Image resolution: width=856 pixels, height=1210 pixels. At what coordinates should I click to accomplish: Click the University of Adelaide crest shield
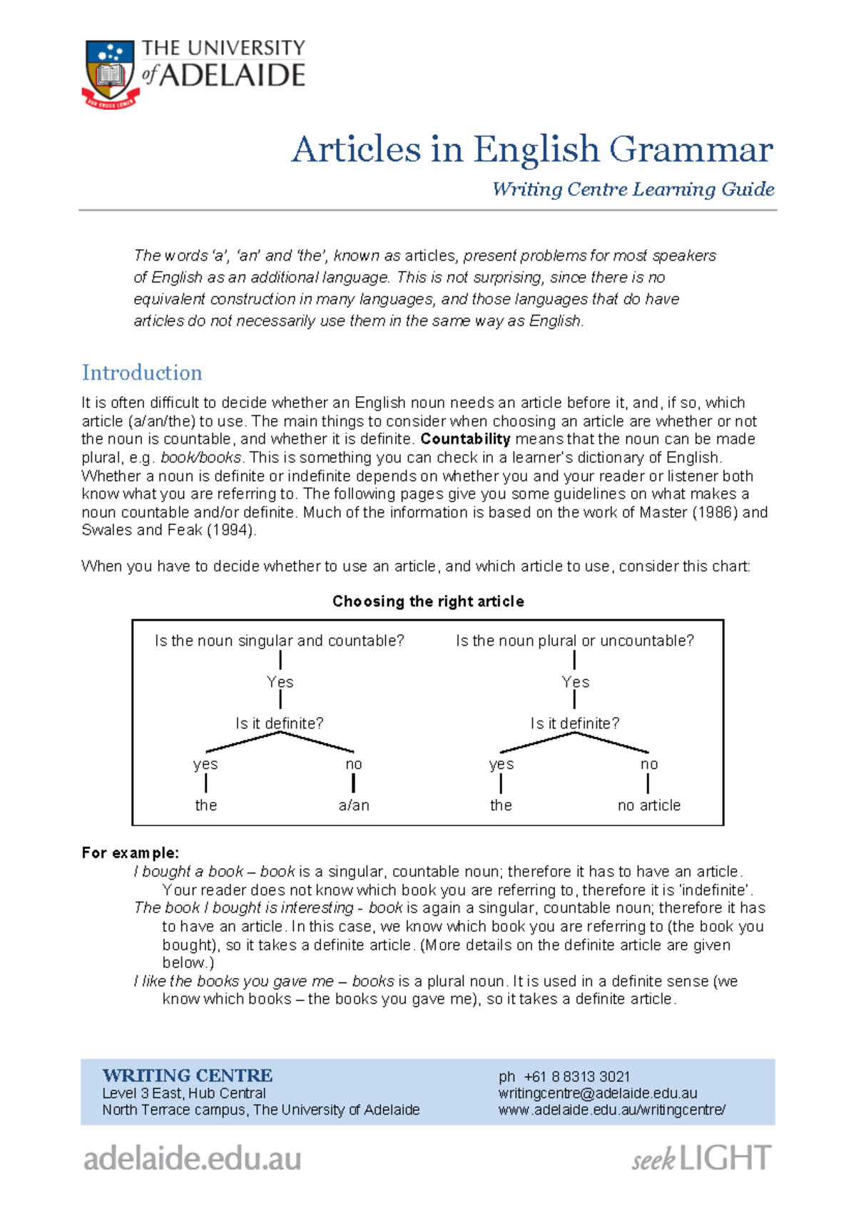[x=110, y=71]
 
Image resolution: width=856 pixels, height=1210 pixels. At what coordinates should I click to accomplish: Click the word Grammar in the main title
[x=691, y=150]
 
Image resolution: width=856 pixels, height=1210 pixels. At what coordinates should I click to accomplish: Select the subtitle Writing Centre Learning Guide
[x=633, y=189]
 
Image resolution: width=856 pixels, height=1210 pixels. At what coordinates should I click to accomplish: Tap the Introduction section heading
[x=142, y=372]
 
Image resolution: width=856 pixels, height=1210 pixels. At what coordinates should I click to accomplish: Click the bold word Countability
[x=465, y=439]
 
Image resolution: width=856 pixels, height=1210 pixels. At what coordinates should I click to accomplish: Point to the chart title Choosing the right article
[x=428, y=601]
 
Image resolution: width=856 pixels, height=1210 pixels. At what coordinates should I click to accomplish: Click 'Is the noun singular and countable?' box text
[x=280, y=641]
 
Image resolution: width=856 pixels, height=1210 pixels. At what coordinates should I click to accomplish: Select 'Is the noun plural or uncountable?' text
[x=575, y=641]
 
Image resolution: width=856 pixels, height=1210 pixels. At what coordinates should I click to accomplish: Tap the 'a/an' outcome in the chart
[x=354, y=805]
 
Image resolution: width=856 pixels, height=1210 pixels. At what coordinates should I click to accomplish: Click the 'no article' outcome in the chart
[x=649, y=805]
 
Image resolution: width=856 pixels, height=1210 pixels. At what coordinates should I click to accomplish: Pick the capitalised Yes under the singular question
[x=280, y=682]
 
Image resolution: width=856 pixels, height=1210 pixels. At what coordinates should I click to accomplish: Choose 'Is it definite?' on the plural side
[x=575, y=723]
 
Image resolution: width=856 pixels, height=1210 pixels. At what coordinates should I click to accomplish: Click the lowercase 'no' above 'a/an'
[x=354, y=764]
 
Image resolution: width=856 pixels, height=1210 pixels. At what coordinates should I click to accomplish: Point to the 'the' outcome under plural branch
[x=501, y=805]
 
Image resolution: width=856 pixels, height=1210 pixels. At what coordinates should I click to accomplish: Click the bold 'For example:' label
[x=131, y=853]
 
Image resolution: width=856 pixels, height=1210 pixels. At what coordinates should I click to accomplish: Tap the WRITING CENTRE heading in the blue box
[x=188, y=1075]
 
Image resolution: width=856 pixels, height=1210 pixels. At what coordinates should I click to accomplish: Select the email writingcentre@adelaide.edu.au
[x=598, y=1093]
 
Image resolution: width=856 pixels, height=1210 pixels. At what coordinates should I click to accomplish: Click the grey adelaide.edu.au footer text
[x=192, y=1158]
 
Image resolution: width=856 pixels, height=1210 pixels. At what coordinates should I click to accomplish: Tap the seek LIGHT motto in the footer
[x=701, y=1159]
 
